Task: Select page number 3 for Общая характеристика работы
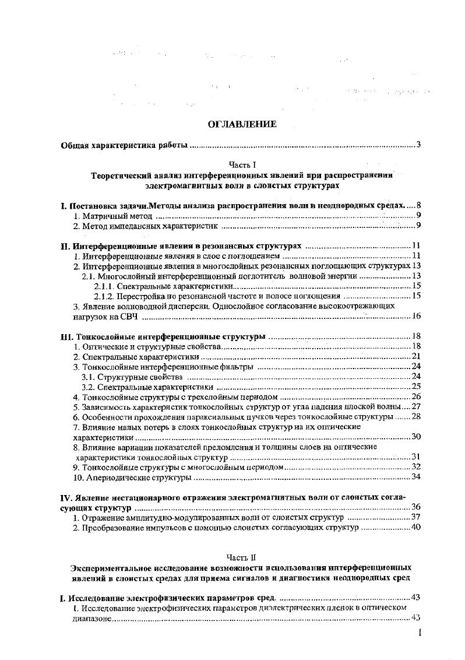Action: [x=418, y=145]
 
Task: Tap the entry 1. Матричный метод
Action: [x=108, y=216]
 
